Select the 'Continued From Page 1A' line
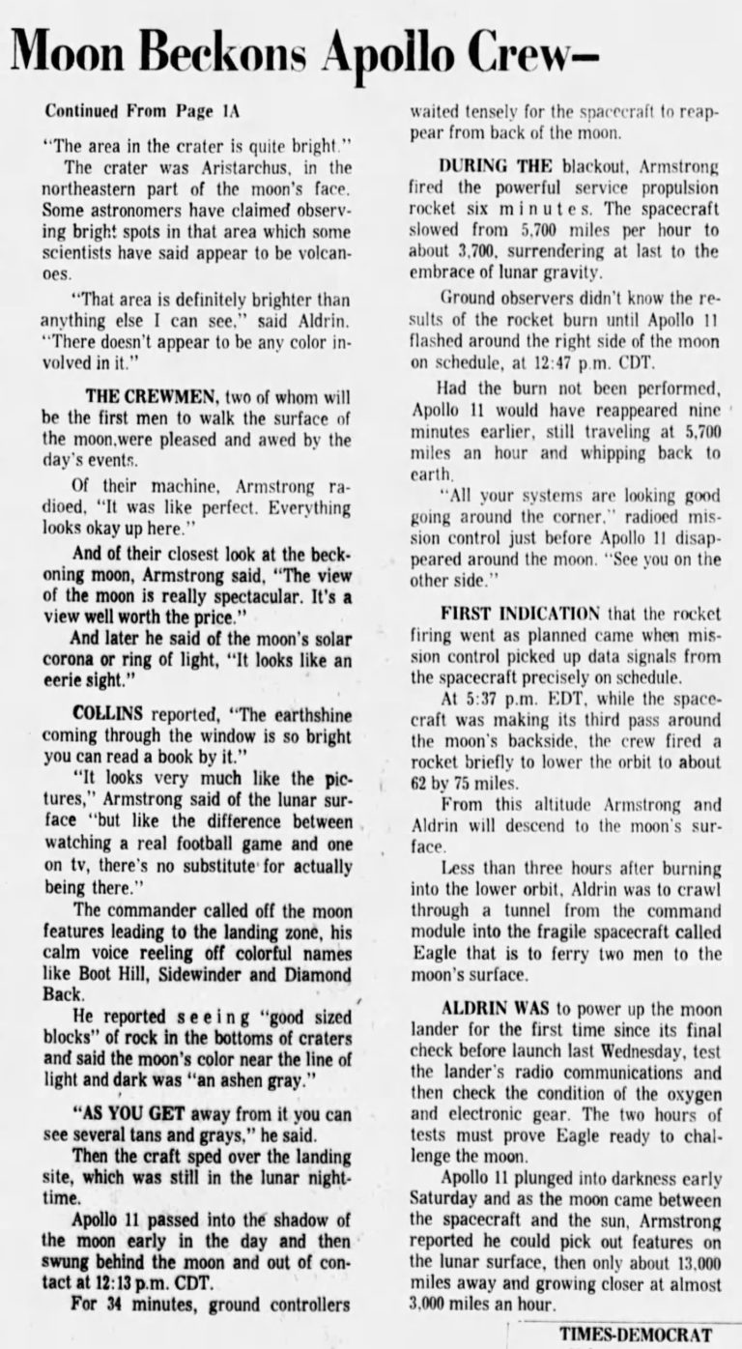[x=141, y=111]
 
